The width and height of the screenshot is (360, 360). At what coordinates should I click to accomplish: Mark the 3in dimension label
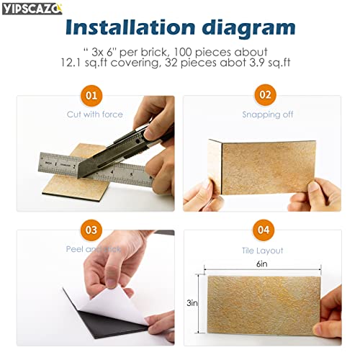click(192, 303)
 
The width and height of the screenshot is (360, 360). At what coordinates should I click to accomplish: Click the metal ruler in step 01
click(86, 168)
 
